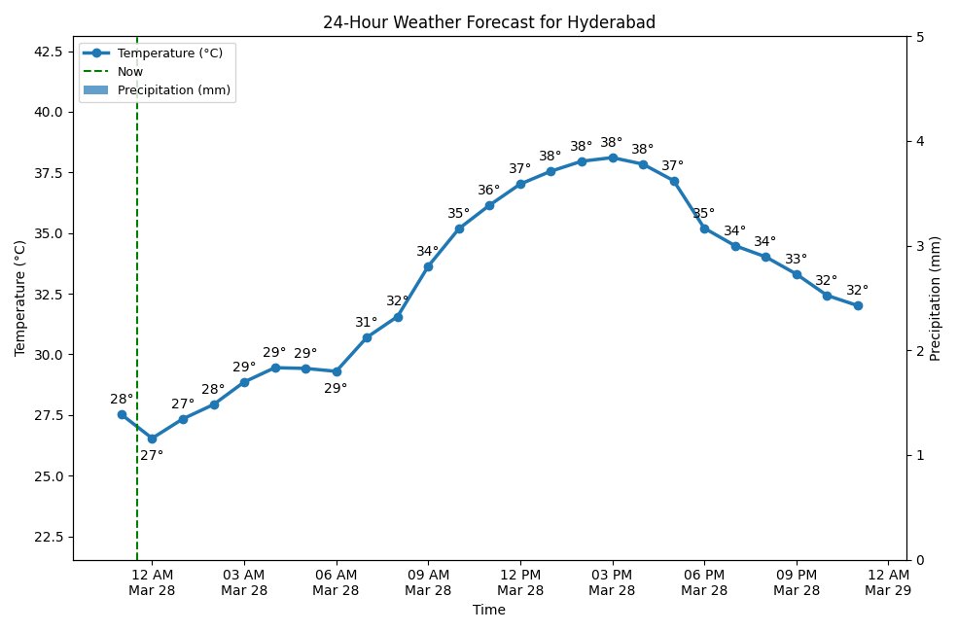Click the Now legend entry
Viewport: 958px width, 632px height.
coord(130,72)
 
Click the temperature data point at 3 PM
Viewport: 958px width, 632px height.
coord(613,158)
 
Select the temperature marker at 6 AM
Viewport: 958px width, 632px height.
coord(337,371)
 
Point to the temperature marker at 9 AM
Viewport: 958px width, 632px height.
coord(428,266)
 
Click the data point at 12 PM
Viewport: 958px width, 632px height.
coord(520,184)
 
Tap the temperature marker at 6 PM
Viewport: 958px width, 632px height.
coord(704,228)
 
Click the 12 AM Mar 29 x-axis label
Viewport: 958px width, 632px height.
coord(888,581)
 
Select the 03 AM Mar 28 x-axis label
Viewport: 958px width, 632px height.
coord(244,581)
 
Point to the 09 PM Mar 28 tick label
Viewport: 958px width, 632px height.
coord(797,581)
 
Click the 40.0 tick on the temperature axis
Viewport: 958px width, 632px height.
coord(47,112)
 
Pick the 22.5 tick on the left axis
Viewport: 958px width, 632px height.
coord(47,537)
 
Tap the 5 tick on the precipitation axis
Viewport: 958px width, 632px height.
coord(920,37)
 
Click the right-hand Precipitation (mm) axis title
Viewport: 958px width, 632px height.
coord(936,298)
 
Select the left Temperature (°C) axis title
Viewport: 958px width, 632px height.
coord(19,298)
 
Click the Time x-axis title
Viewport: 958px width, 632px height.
coord(489,611)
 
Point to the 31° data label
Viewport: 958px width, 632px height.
coord(366,322)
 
